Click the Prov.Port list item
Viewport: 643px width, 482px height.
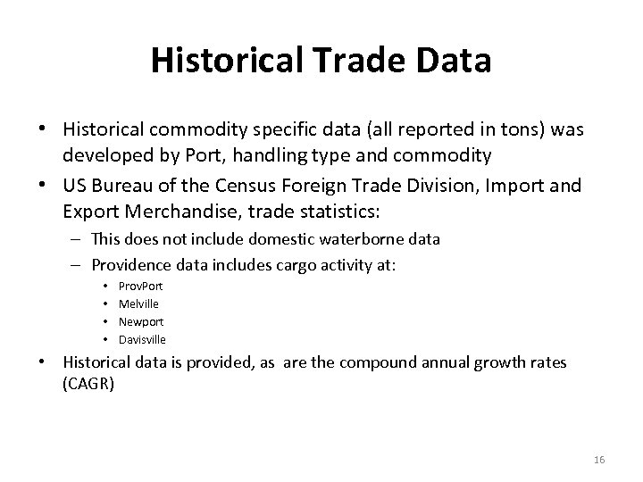[140, 287]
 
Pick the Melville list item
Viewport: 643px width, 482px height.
[138, 304]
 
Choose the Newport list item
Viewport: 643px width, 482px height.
[141, 321]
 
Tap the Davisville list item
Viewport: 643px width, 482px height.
[142, 339]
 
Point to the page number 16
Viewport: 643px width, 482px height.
[598, 459]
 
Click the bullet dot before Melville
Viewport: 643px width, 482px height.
[106, 304]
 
